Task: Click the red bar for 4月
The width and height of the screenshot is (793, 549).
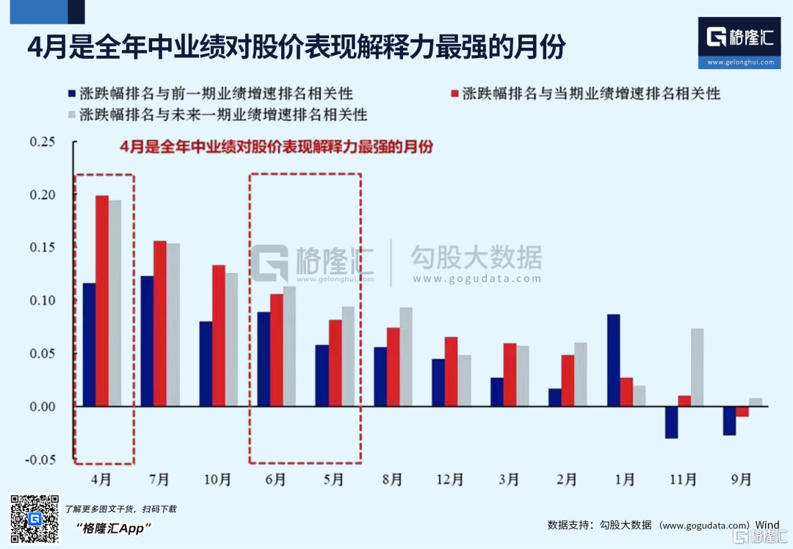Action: point(102,301)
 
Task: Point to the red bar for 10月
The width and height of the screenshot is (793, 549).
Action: point(219,335)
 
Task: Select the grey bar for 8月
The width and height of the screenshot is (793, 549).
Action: point(406,357)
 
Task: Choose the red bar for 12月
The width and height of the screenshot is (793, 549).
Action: point(451,371)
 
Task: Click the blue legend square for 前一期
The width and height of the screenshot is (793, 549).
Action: point(70,94)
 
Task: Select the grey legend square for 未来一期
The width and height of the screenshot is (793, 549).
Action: point(70,115)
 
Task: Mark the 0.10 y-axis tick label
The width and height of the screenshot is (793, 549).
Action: point(43,300)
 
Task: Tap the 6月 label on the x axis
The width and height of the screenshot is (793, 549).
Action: point(275,480)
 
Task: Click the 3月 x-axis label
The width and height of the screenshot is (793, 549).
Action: point(508,480)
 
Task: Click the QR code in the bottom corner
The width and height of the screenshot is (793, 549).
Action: point(34,519)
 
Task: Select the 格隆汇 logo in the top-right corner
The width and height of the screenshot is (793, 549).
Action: point(741,42)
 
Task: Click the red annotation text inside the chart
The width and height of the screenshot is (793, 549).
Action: point(276,147)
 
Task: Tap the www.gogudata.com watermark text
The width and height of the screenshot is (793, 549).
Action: point(477,279)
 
